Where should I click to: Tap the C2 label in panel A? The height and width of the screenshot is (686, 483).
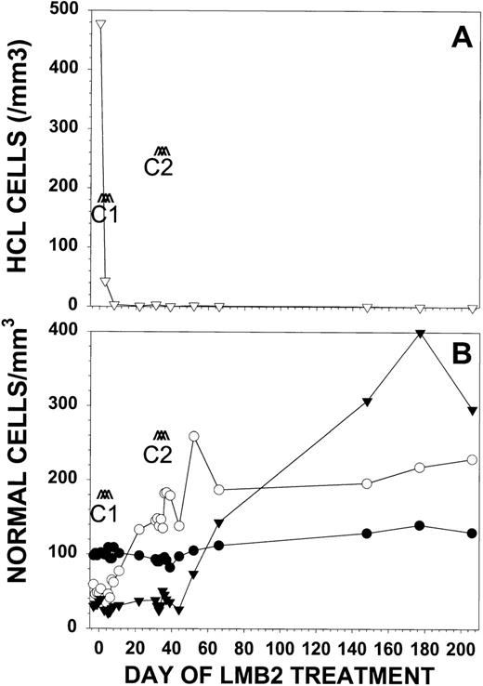click(160, 168)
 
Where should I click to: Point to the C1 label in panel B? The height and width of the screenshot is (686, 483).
click(104, 513)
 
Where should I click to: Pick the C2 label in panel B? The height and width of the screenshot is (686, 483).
click(160, 455)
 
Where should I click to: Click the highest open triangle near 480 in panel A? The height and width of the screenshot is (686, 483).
click(100, 23)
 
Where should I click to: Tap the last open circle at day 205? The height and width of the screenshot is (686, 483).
click(472, 459)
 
